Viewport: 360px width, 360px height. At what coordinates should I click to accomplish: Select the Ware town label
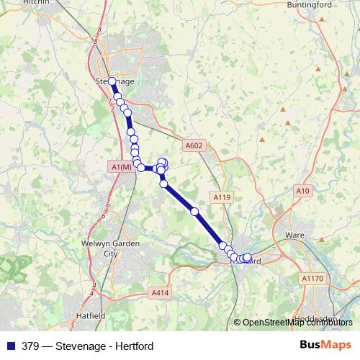click(296, 235)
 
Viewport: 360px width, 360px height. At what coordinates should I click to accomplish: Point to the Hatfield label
click(91, 315)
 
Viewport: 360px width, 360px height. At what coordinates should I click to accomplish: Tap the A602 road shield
click(194, 145)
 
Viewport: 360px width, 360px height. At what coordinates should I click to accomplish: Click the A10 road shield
click(303, 190)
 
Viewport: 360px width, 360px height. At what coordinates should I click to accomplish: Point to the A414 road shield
click(161, 292)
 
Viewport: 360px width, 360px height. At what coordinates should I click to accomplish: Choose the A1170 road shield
click(312, 278)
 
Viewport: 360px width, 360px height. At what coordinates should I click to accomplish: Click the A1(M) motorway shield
click(122, 167)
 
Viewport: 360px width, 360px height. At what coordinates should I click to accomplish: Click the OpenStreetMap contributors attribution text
click(297, 323)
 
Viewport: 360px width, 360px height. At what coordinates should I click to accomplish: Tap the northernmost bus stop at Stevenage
click(112, 81)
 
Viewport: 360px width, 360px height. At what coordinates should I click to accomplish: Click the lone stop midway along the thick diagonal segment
click(194, 211)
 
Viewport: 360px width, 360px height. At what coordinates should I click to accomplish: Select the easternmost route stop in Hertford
click(248, 257)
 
